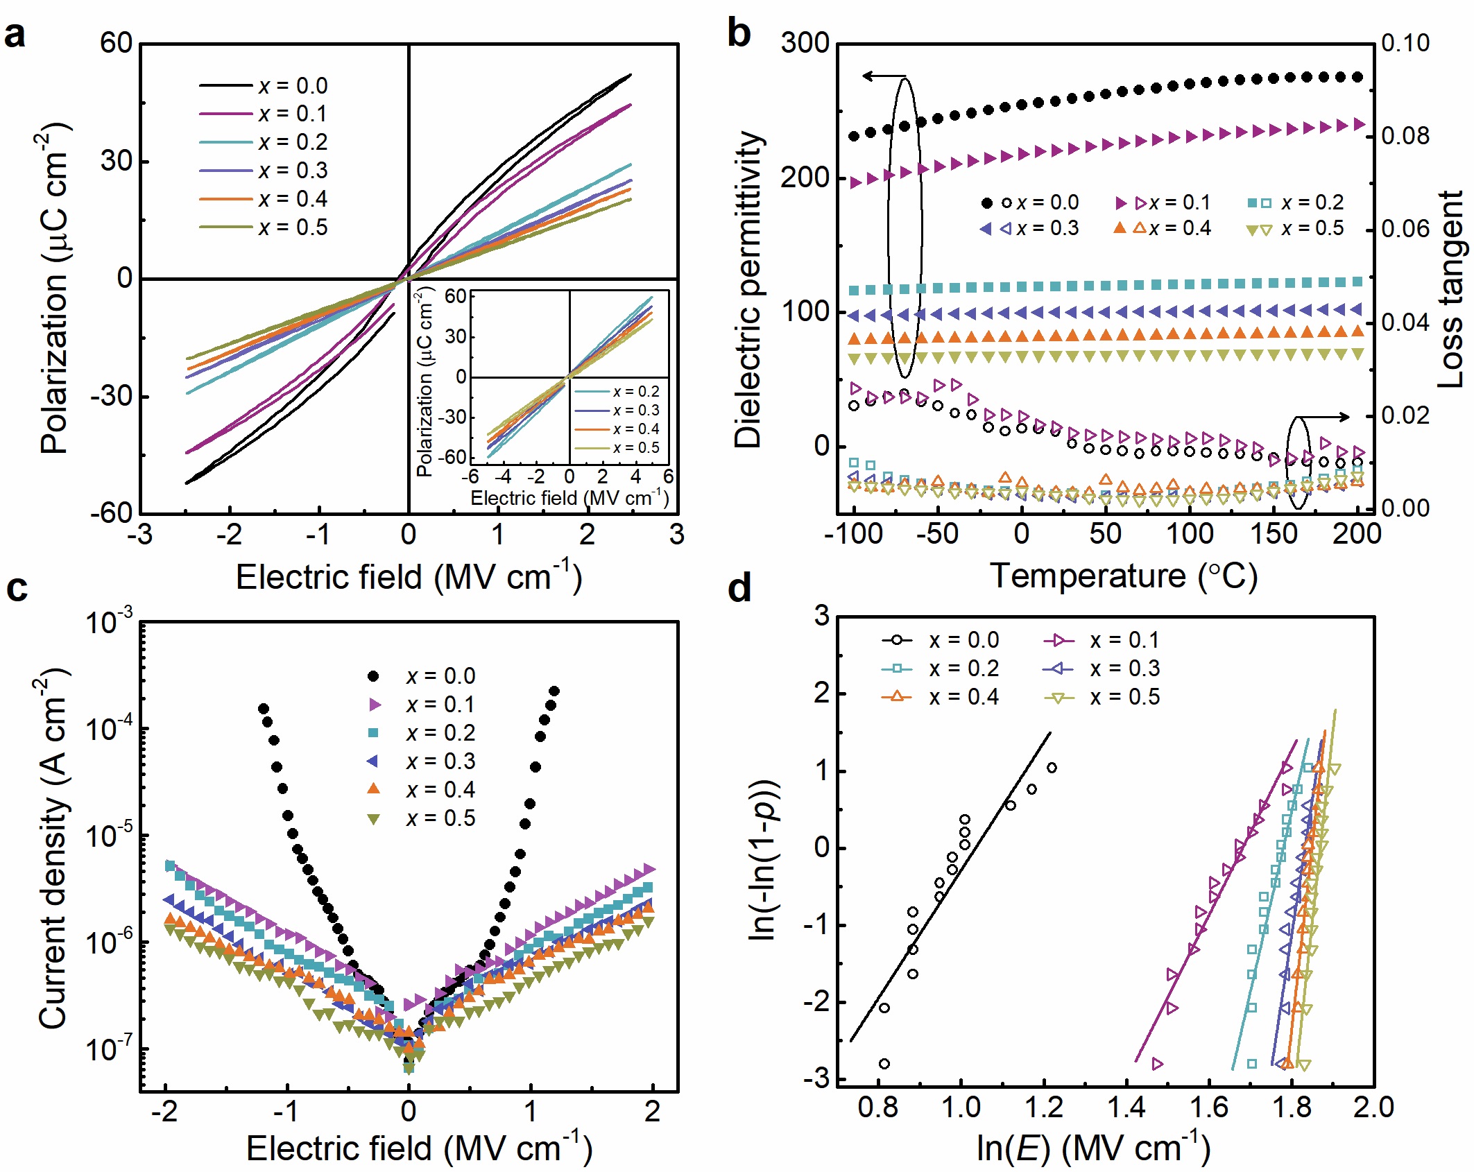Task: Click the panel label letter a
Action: (x=15, y=35)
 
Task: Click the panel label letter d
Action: (x=739, y=589)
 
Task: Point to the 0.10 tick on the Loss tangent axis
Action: (x=1405, y=43)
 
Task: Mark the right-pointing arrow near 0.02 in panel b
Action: (x=1325, y=417)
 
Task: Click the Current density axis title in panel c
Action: (x=53, y=850)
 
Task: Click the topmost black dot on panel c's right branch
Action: (x=554, y=691)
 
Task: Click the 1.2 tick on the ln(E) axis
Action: (x=1043, y=1107)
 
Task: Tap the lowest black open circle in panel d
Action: (x=884, y=1064)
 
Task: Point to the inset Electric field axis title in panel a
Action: (x=569, y=498)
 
